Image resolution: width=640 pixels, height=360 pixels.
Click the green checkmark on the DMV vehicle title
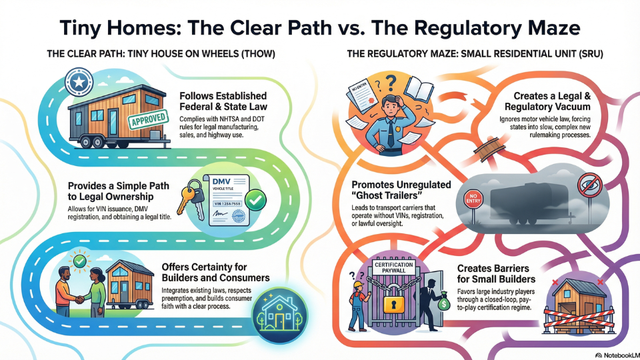254,198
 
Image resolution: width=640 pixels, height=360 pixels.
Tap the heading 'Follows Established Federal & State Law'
223,101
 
